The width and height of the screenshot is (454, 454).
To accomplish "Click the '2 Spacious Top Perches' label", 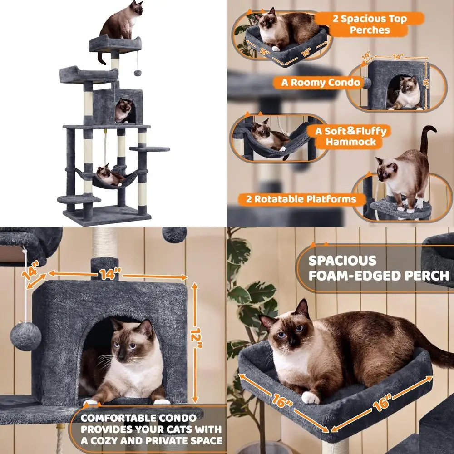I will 369,24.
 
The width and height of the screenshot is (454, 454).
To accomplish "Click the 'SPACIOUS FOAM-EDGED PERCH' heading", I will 372,268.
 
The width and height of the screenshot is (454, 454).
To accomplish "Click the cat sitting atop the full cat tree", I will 121,20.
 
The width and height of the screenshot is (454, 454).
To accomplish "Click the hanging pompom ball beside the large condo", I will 26,336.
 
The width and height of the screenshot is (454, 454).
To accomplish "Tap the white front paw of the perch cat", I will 311,397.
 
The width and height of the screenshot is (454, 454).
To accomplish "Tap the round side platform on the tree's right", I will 149,149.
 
